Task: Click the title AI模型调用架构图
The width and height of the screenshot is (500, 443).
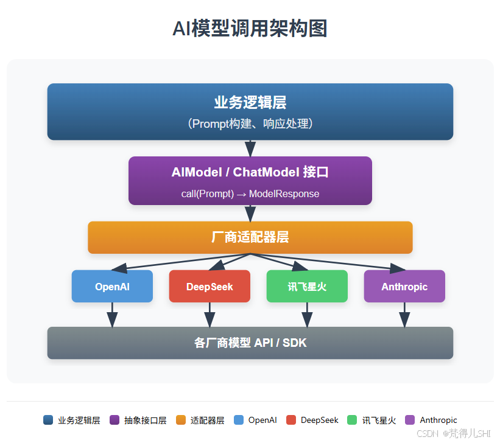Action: (250, 29)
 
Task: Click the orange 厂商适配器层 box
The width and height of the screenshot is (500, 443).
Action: (250, 237)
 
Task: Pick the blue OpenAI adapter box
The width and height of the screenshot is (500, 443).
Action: (112, 286)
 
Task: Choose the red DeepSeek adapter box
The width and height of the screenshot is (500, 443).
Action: (210, 286)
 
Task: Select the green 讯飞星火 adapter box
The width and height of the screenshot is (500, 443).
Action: (307, 286)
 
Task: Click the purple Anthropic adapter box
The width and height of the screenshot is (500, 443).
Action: (404, 286)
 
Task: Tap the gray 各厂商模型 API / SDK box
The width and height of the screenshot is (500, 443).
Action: (250, 343)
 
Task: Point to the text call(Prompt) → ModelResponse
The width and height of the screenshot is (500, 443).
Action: (250, 194)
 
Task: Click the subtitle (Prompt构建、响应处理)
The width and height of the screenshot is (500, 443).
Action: (250, 124)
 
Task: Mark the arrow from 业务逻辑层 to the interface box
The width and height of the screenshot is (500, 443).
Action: (250, 148)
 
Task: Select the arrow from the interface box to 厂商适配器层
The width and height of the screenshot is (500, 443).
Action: (250, 213)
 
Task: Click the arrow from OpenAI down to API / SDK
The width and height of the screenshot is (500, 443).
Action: (112, 315)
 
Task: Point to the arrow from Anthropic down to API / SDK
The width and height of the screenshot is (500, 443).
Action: (404, 315)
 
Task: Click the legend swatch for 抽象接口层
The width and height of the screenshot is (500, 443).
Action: (114, 420)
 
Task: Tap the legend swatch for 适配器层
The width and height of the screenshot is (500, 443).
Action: (180, 420)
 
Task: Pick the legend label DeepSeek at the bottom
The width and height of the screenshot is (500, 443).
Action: (319, 420)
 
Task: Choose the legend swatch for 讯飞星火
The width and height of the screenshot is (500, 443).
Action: (352, 420)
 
